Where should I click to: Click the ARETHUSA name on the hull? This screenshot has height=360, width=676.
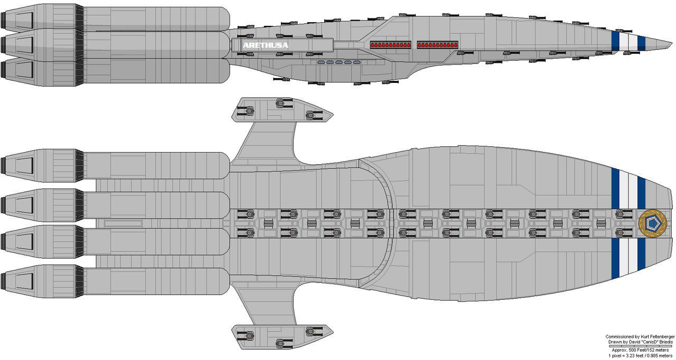pyautogui.click(x=266, y=45)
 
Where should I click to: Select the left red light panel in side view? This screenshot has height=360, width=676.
pyautogui.click(x=391, y=44)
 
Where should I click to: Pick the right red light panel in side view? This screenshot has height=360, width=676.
pyautogui.click(x=437, y=44)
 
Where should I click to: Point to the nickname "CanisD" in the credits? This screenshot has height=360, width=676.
pyautogui.click(x=646, y=343)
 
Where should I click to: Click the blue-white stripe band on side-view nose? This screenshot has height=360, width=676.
pyautogui.click(x=628, y=42)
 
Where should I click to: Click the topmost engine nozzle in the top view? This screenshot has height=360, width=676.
pyautogui.click(x=16, y=166)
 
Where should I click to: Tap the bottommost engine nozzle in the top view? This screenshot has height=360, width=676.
pyautogui.click(x=16, y=280)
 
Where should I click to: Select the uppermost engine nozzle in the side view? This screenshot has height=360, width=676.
pyautogui.click(x=16, y=20)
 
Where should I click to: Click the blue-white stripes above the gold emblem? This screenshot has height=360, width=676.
pyautogui.click(x=628, y=188)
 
